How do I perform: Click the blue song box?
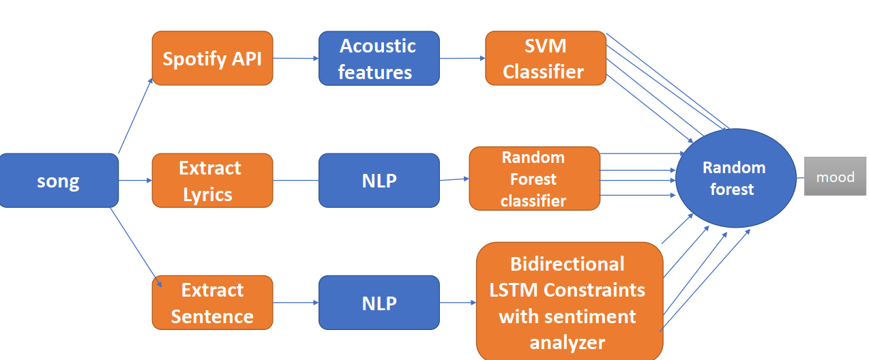pyautogui.click(x=59, y=181)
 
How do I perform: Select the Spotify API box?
pyautogui.click(x=213, y=58)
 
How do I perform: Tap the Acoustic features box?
pyautogui.click(x=379, y=58)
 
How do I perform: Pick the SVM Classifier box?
pyautogui.click(x=546, y=58)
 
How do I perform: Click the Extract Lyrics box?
pyautogui.click(x=213, y=181)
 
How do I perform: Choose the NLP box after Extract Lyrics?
pyautogui.click(x=379, y=181)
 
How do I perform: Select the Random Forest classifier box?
pyautogui.click(x=535, y=179)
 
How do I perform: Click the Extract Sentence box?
pyautogui.click(x=213, y=303)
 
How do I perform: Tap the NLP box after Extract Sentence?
pyautogui.click(x=379, y=303)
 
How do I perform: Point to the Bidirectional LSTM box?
pyautogui.click(x=570, y=302)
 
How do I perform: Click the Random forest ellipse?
pyautogui.click(x=736, y=178)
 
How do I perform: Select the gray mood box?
pyautogui.click(x=836, y=176)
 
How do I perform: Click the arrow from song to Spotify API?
pyautogui.click(x=135, y=116)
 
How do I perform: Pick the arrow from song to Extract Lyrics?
pyautogui.click(x=135, y=181)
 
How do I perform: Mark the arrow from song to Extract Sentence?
pyautogui.click(x=136, y=247)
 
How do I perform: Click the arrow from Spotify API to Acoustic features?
pyautogui.click(x=295, y=58)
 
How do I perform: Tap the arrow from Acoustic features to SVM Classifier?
pyautogui.click(x=462, y=58)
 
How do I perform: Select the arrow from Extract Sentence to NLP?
pyautogui.click(x=295, y=303)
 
